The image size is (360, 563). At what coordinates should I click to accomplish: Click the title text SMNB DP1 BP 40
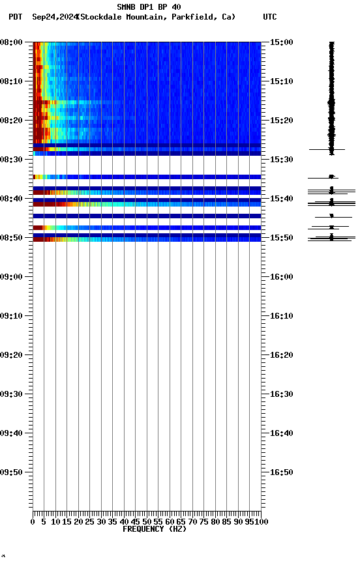click(x=149, y=7)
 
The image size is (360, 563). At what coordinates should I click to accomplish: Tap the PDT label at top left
click(x=16, y=17)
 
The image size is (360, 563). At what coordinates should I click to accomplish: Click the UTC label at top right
click(x=269, y=17)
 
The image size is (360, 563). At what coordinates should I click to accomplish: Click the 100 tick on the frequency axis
click(x=262, y=521)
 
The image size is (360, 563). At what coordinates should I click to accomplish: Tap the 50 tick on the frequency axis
click(x=147, y=521)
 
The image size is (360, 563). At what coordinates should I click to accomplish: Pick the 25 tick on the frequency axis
click(x=90, y=521)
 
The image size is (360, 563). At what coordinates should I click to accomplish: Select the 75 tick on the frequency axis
click(x=204, y=521)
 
